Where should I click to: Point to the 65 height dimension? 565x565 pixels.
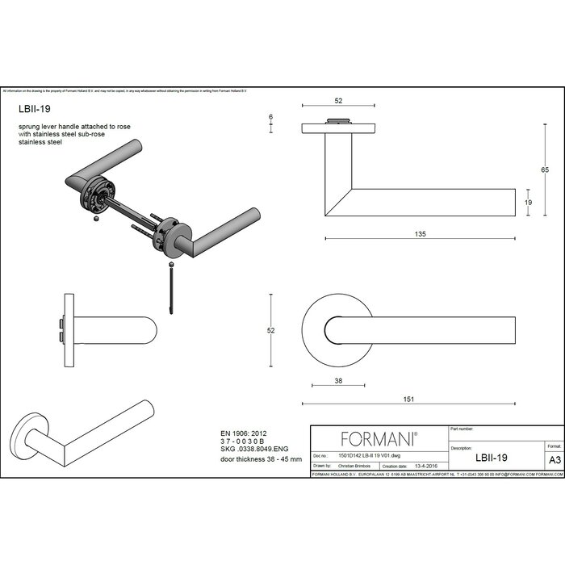pos(545,169)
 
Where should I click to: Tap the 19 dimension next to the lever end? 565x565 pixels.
pos(528,203)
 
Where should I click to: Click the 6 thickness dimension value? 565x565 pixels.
pos(270,117)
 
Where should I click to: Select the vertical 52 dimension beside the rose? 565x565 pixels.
pos(271,330)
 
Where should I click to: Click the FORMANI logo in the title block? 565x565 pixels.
pos(379,439)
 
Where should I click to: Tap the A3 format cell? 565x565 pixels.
pos(555,459)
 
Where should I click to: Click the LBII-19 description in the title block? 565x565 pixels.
pos(492,457)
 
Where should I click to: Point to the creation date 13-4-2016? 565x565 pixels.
pos(426,466)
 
